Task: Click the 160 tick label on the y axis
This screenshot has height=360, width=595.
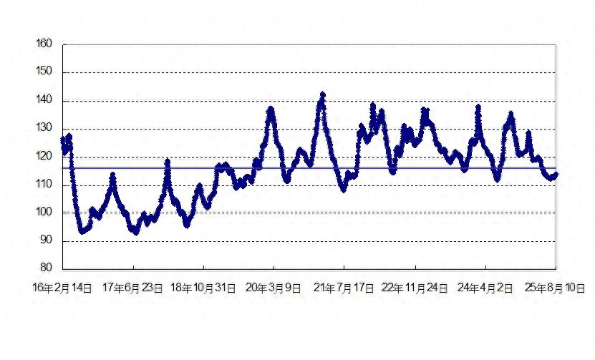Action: point(44,44)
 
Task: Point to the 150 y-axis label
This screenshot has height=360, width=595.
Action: point(44,72)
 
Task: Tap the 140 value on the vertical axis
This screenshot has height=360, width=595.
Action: point(44,99)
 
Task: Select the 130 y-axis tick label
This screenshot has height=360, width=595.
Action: point(44,128)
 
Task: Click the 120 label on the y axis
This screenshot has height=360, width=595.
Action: point(44,156)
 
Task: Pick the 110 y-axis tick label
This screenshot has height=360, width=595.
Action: point(44,185)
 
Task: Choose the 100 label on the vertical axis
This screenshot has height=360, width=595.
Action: point(44,212)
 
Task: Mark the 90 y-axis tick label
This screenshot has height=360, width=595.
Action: point(46,240)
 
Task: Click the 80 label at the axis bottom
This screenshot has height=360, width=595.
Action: point(46,268)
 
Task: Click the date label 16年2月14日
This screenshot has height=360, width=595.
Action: point(62,288)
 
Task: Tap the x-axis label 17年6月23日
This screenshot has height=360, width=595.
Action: point(132,288)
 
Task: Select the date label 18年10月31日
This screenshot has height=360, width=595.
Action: point(203,288)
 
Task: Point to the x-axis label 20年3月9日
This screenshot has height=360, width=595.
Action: point(274,288)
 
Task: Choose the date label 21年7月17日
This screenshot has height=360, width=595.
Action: point(344,288)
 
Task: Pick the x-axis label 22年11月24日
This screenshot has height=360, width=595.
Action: point(415,288)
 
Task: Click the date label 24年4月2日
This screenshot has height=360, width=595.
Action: point(485,288)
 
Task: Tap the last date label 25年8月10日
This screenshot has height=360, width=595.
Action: point(555,288)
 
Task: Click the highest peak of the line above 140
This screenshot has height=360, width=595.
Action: point(323,94)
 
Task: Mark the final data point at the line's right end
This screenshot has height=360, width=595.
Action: point(556,175)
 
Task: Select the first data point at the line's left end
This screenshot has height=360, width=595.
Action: point(63,140)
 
